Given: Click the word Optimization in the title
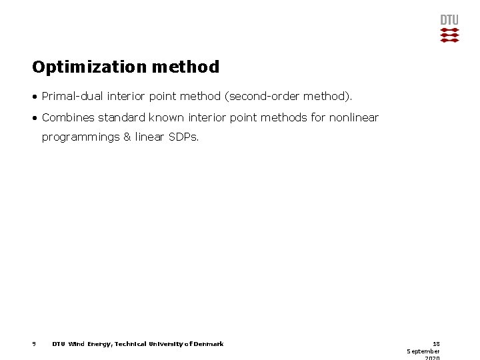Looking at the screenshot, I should (90, 67).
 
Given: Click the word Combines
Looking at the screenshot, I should (67, 118).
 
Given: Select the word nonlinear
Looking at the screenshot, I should (354, 118).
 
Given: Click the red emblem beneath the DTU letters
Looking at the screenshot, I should (449, 35).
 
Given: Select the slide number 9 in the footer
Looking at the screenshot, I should (33, 344).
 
